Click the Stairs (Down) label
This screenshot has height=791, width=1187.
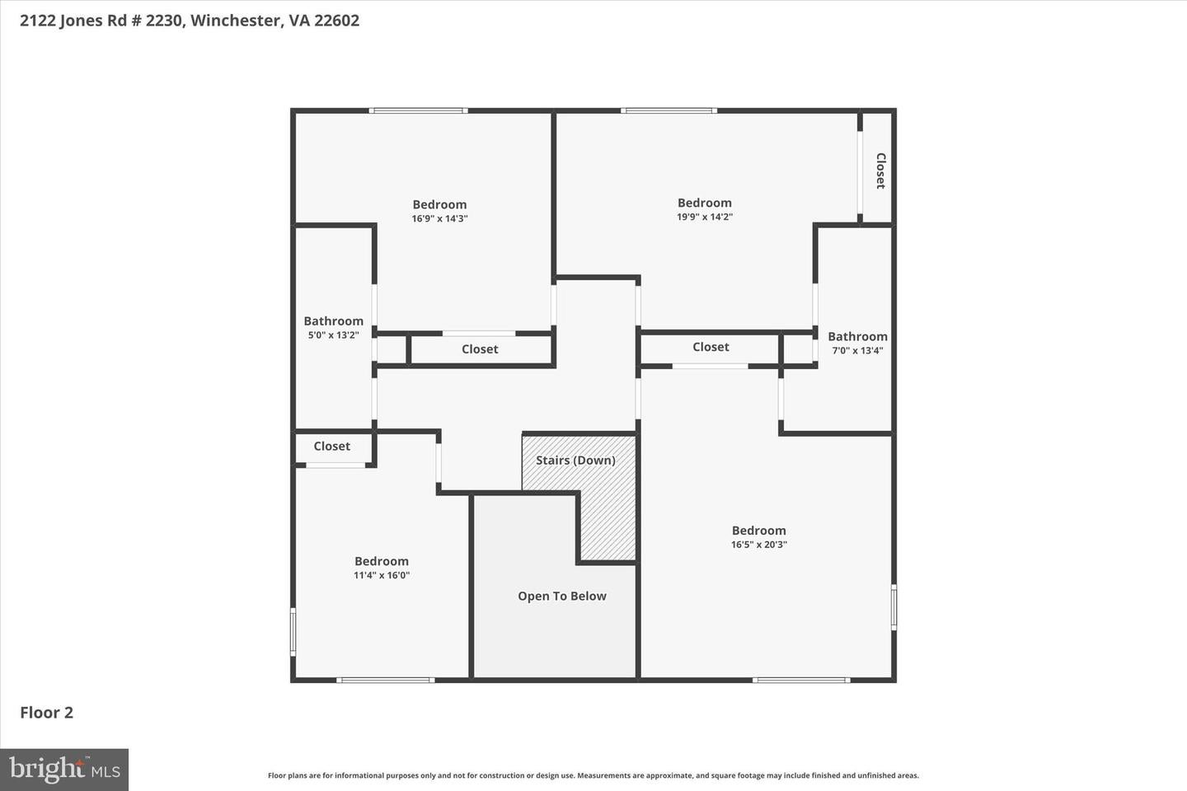[575, 461]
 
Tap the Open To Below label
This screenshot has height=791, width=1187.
[561, 596]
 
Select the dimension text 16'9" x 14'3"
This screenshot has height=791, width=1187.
[440, 218]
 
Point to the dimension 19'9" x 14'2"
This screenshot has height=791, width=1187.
[705, 217]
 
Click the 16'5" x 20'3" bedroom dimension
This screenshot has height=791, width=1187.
[759, 545]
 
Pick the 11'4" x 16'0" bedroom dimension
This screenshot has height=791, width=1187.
[382, 575]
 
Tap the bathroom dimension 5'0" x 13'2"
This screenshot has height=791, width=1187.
[333, 335]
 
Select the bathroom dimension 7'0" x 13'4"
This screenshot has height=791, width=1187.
[857, 351]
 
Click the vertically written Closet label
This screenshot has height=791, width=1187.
[880, 171]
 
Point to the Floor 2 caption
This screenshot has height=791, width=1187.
[47, 713]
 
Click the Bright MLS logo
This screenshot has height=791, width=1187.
[64, 770]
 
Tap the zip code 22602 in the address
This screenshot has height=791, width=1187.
[336, 20]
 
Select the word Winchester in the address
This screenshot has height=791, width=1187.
[236, 20]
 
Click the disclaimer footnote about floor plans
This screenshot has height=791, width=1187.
[593, 775]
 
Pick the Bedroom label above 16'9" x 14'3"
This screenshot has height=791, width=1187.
[440, 204]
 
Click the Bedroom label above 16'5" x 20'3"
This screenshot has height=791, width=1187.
[759, 531]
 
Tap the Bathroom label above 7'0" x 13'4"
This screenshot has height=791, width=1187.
[857, 336]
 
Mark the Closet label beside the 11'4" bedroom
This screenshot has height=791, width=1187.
[331, 446]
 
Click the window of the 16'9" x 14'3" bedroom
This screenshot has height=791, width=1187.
[418, 110]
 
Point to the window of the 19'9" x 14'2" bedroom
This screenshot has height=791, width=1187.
[669, 110]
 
